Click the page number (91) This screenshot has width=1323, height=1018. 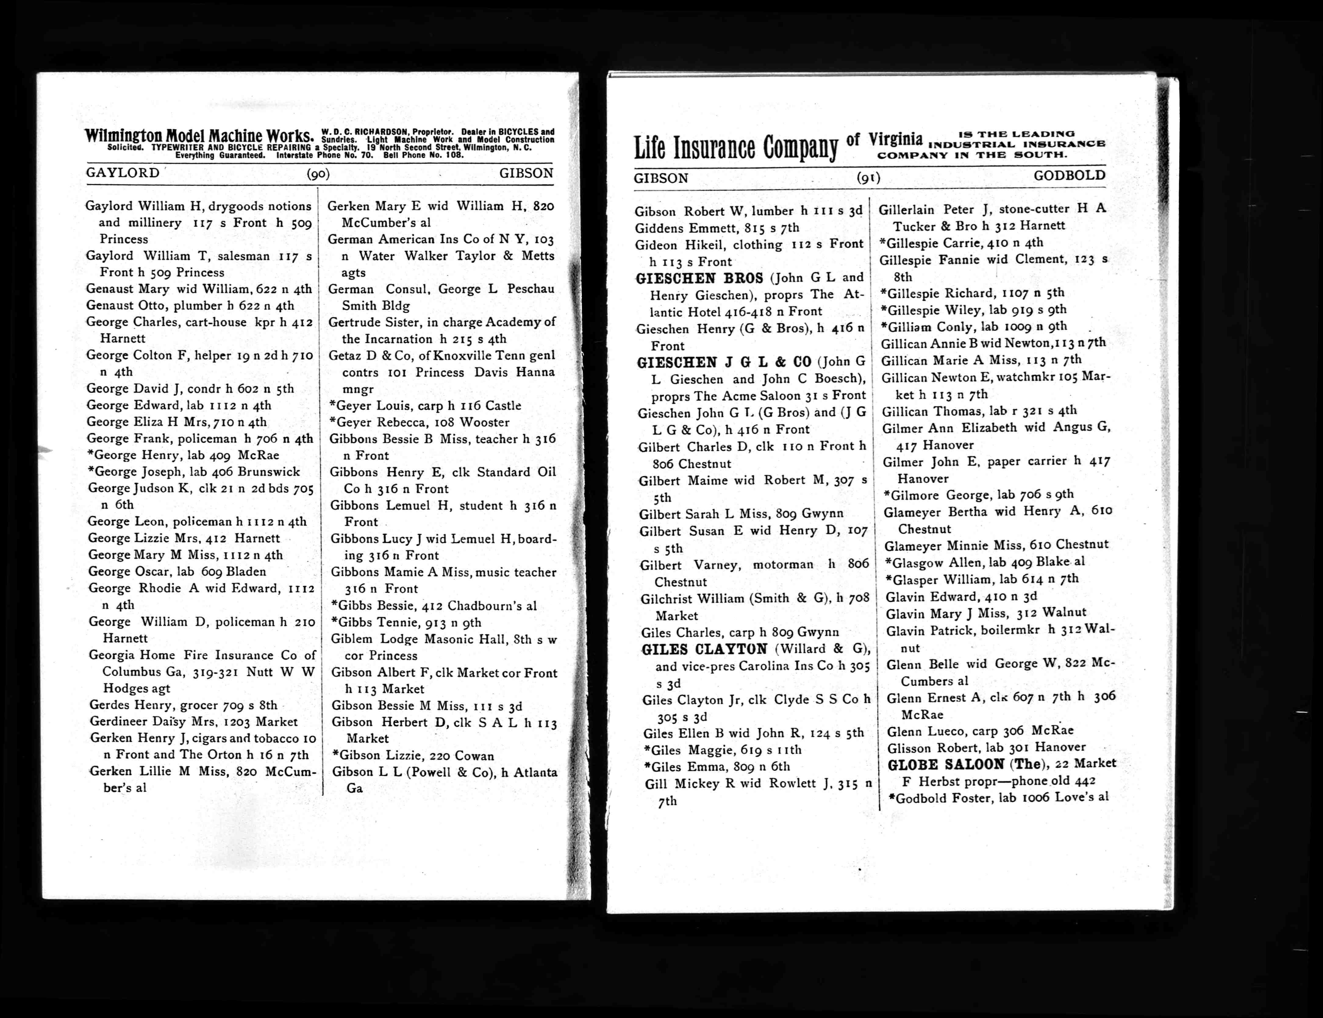tap(868, 177)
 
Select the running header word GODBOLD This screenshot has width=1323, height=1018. tap(1069, 176)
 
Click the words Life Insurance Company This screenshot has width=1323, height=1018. tap(736, 147)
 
